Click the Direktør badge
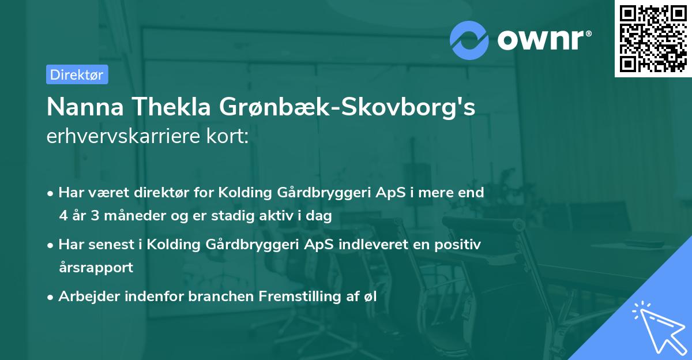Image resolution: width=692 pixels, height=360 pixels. pos(77,74)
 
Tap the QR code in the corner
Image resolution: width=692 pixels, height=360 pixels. pos(653,38)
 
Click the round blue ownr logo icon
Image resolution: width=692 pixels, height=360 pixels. pos(469,40)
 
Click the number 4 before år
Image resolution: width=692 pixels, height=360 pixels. pos(63,216)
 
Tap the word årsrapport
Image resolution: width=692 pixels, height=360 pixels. pos(96,267)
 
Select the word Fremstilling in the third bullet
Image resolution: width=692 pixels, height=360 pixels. pos(295,297)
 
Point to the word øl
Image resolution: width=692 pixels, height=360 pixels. pos(370,297)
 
